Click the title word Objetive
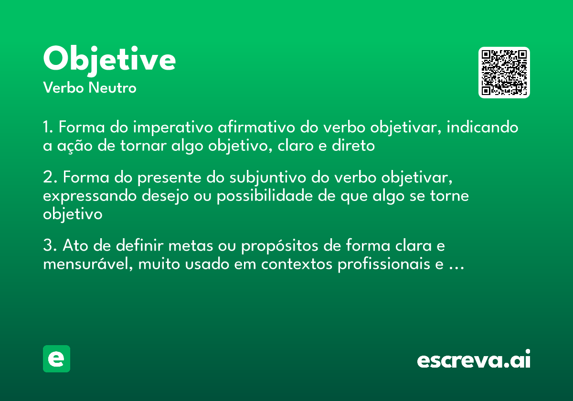(x=109, y=60)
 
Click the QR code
(x=504, y=73)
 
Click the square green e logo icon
(x=56, y=359)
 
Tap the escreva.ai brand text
(x=473, y=359)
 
